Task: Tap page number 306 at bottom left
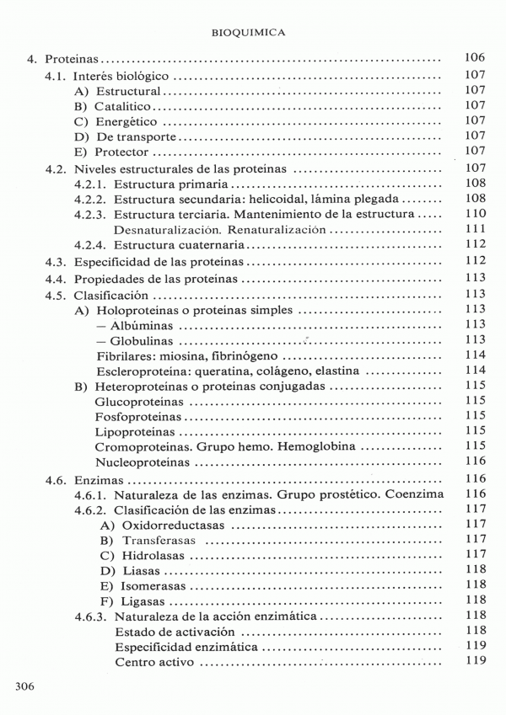pyautogui.click(x=24, y=687)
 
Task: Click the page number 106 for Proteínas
pyautogui.click(x=475, y=59)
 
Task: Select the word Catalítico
pyautogui.click(x=122, y=105)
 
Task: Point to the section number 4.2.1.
pyautogui.click(x=89, y=184)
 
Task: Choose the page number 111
pyautogui.click(x=475, y=229)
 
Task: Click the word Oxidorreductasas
pyautogui.click(x=173, y=525)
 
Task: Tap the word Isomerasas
pyautogui.click(x=153, y=585)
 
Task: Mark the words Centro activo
pyautogui.click(x=154, y=662)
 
